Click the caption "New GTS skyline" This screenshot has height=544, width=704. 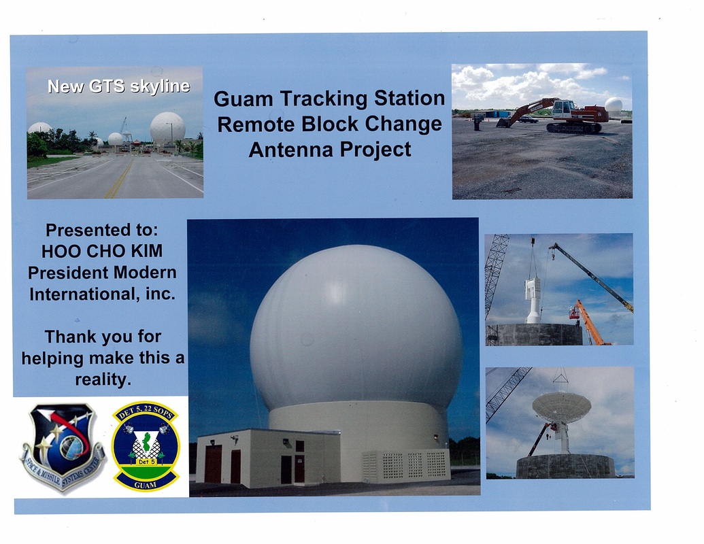click(118, 86)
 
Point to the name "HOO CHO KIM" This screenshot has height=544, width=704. click(102, 252)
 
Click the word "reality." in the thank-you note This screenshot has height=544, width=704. click(103, 379)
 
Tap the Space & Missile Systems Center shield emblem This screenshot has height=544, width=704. click(63, 447)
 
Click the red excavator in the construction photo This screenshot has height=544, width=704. click(556, 116)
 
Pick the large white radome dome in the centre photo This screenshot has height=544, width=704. click(356, 328)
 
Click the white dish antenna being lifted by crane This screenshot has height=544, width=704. click(561, 406)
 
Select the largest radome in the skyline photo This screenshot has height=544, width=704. click(167, 129)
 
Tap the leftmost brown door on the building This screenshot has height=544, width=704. click(213, 464)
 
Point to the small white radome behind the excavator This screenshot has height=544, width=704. click(614, 106)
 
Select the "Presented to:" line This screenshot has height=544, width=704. click(102, 231)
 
